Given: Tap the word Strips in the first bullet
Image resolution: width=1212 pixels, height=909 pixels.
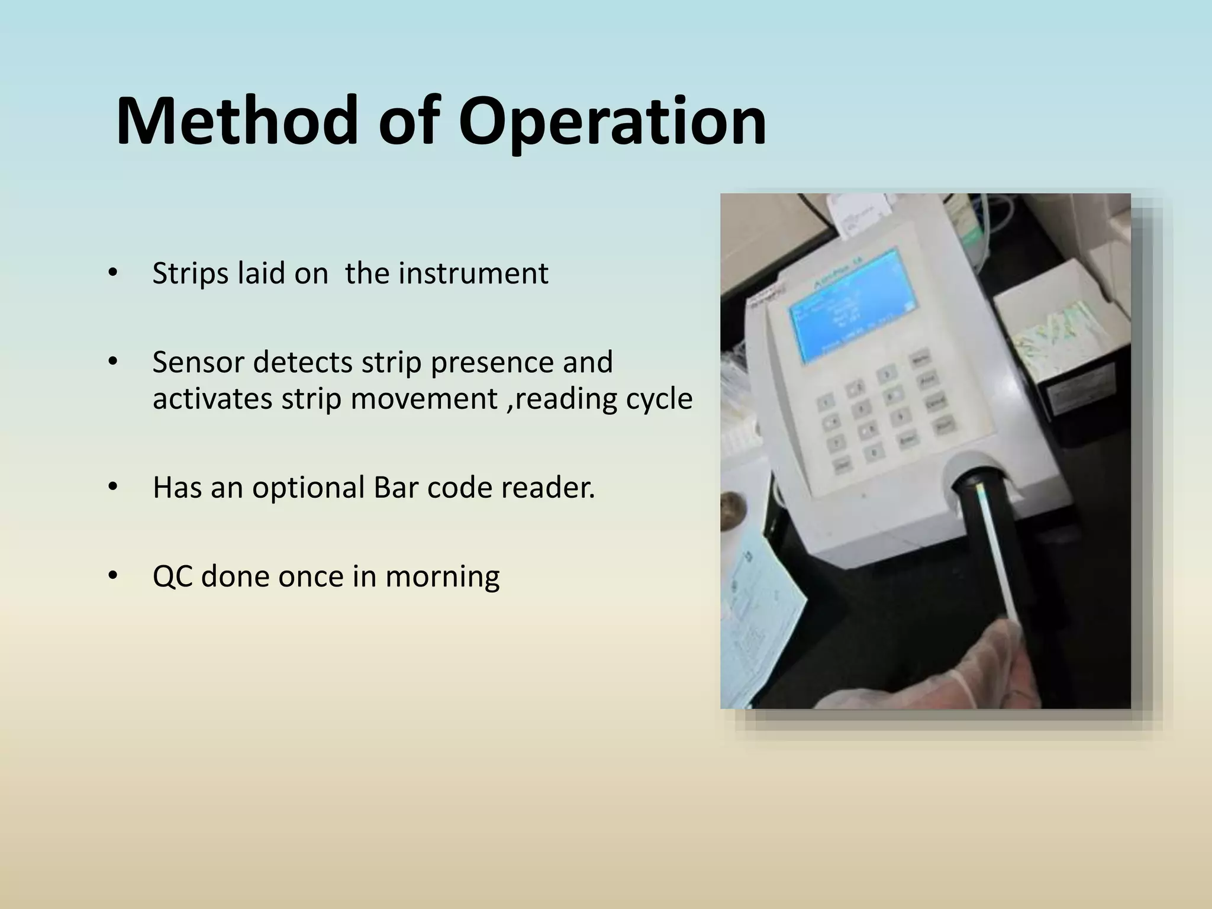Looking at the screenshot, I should click(x=190, y=273).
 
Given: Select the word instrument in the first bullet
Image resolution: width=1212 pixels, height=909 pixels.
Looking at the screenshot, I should click(x=473, y=273).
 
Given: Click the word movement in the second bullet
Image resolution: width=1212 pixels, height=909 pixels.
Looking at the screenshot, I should click(x=424, y=398).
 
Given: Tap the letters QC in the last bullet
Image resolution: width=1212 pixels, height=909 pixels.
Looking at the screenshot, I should click(x=172, y=576).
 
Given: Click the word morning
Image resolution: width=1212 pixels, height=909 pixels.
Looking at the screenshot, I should click(x=442, y=576).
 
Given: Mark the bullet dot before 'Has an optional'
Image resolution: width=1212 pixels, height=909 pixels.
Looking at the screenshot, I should click(x=112, y=487).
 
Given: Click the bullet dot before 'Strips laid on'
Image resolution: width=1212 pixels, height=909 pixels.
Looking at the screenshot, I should click(x=112, y=273).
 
